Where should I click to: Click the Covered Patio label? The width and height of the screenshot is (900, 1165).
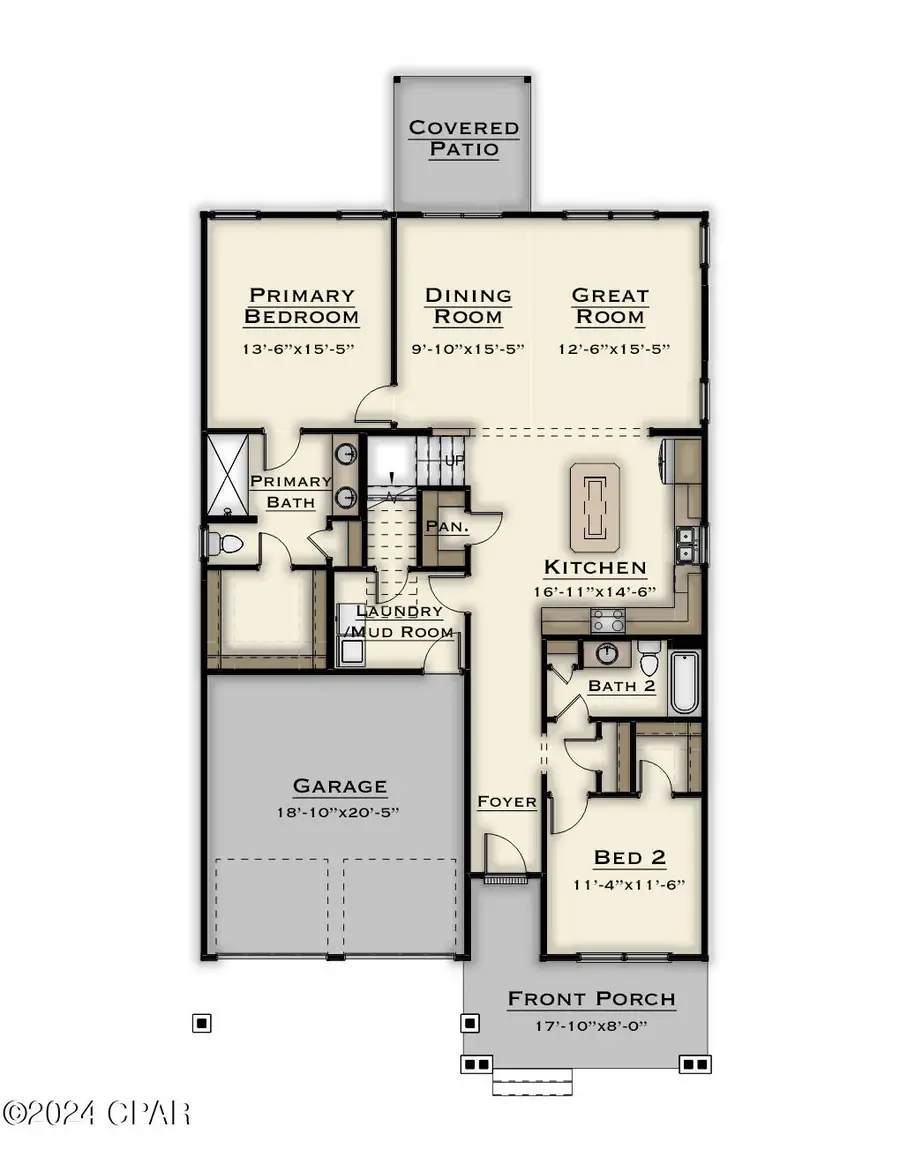[464, 139]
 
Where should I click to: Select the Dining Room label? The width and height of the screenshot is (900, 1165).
[468, 306]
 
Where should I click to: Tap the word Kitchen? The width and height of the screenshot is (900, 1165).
[595, 567]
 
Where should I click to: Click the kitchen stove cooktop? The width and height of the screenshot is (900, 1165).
[609, 623]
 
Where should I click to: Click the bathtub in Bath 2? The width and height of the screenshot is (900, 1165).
[685, 682]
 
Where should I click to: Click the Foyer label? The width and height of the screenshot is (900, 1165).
[507, 801]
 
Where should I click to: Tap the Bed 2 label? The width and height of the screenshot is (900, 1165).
[630, 857]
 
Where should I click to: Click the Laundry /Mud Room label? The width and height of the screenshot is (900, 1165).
[399, 621]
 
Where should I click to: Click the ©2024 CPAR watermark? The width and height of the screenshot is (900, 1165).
[97, 1112]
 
